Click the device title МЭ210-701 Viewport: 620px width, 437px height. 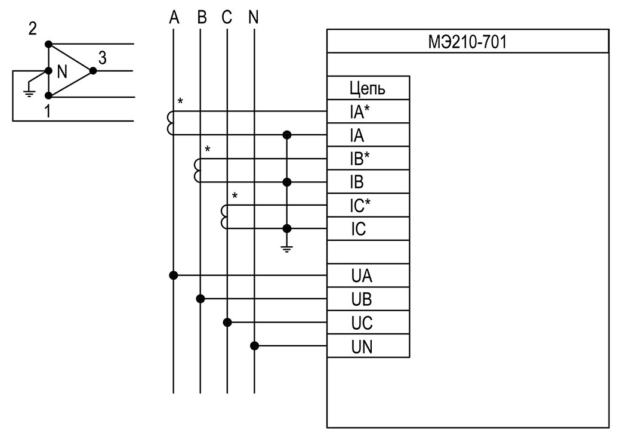[467, 42]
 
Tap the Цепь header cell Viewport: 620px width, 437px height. [368, 88]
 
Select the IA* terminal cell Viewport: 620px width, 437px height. [368, 111]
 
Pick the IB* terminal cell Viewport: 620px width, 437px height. [368, 158]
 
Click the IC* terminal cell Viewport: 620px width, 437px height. [368, 205]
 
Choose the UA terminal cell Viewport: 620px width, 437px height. [368, 275]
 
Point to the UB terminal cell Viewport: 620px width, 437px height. [368, 299]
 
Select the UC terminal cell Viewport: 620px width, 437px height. [368, 323]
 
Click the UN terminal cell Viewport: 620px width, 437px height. [368, 346]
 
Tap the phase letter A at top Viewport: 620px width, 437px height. [174, 17]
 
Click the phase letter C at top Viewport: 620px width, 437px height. [227, 17]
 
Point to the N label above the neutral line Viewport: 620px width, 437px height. [254, 17]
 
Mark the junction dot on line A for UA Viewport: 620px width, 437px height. [173, 275]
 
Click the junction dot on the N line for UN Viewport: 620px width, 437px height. [255, 346]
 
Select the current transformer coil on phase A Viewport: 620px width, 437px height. [170, 123]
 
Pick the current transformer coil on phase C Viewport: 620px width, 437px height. [224, 216]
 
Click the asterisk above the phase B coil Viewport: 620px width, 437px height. [208, 150]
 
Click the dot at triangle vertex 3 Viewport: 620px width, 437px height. [93, 71]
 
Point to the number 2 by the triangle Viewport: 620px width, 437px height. [33, 29]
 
